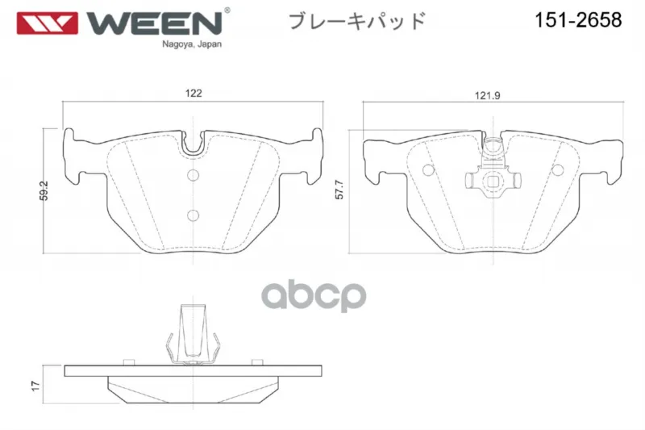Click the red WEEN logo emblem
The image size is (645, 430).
coord(47,23)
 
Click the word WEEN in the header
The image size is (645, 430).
coord(155,23)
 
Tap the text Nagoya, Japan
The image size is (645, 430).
coord(192,44)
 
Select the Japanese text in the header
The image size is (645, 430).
coord(357,21)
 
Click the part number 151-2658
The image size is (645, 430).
coord(578,19)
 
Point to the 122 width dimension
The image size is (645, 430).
coord(193,93)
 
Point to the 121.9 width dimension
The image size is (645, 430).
coord(488,96)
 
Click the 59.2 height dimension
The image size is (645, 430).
coord(44,190)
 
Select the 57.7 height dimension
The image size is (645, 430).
coord(339,190)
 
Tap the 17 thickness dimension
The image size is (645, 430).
coord(35,386)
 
